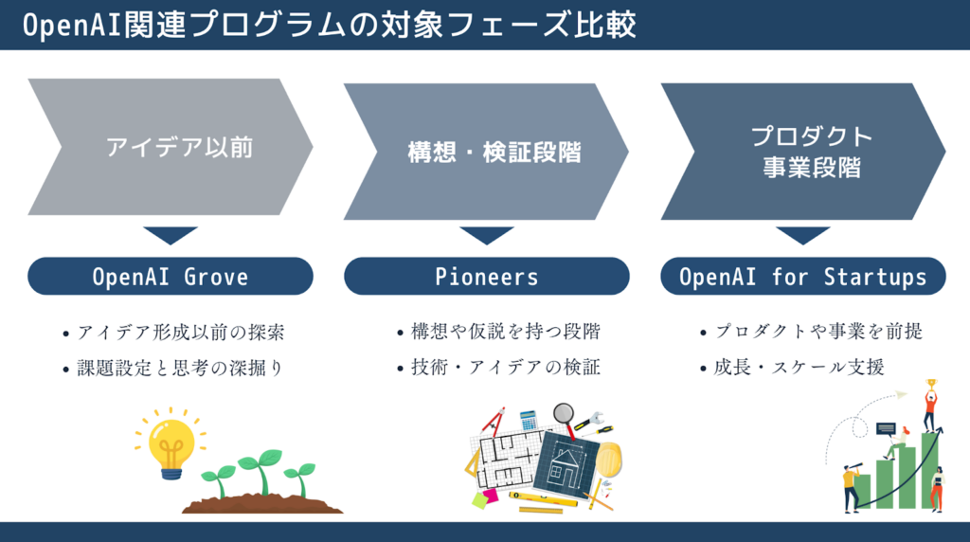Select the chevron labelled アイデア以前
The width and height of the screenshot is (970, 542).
tap(171, 147)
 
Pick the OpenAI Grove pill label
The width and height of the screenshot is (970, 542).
tap(171, 277)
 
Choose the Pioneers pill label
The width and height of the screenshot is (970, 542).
tap(487, 277)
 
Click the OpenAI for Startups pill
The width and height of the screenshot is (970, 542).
tap(803, 277)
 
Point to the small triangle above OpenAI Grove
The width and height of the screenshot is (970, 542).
tap(171, 234)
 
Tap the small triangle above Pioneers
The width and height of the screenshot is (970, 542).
tap(487, 234)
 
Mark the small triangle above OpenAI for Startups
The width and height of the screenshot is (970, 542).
tap(803, 234)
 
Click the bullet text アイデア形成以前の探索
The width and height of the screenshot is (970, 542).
tap(180, 333)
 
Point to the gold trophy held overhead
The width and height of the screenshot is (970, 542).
tap(930, 385)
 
